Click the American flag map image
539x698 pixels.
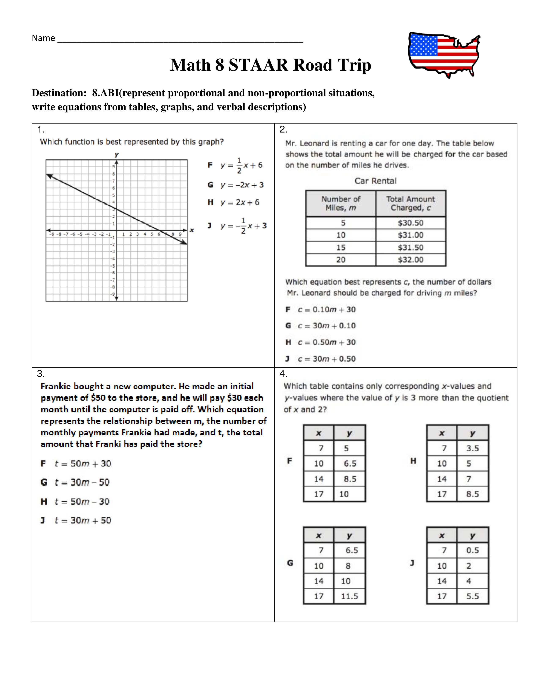[x=444, y=54]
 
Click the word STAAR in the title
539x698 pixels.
[x=258, y=65]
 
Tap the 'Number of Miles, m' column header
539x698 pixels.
[x=341, y=203]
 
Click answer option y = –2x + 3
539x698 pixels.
[x=242, y=185]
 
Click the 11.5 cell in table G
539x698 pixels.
[x=349, y=596]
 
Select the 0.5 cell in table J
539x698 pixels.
[x=472, y=550]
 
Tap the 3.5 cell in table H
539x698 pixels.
[x=472, y=448]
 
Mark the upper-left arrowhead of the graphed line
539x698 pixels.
[x=49, y=175]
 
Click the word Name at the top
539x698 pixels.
[x=43, y=38]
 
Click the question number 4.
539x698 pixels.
[x=283, y=374]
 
